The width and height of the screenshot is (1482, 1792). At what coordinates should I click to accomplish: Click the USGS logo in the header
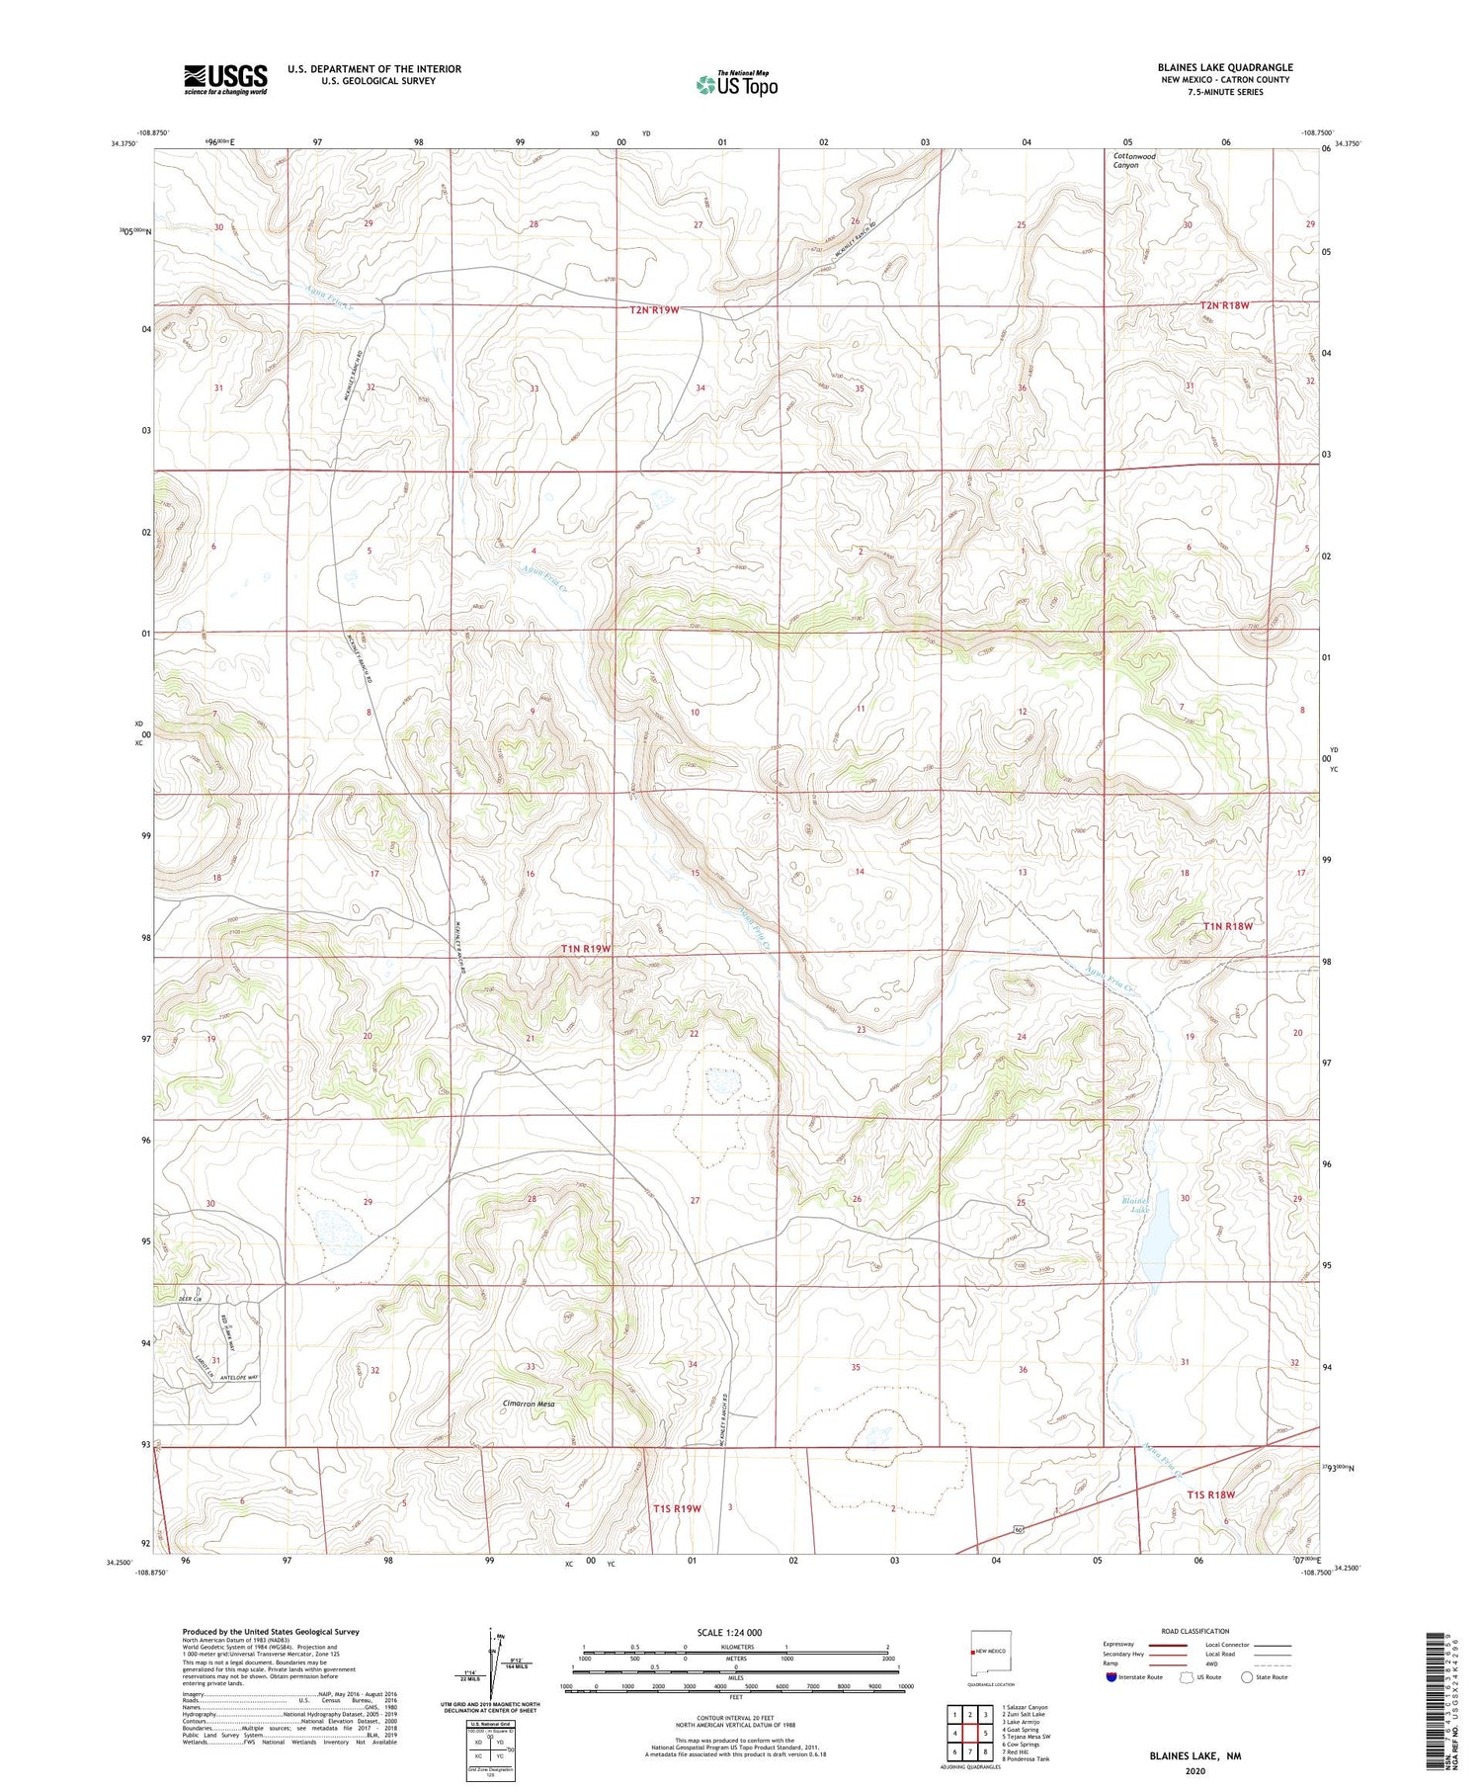225,79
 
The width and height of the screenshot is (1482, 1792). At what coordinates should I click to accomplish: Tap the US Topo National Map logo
737,85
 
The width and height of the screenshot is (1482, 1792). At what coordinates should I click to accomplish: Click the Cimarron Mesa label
529,1404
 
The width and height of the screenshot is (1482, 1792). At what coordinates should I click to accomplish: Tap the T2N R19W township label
654,310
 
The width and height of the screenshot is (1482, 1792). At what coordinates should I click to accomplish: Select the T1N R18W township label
1227,926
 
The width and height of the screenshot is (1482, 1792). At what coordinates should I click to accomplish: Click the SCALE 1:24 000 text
729,1632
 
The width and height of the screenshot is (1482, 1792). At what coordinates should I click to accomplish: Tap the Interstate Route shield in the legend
1111,1677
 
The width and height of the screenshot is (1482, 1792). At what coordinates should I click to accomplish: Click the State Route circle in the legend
1247,1677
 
